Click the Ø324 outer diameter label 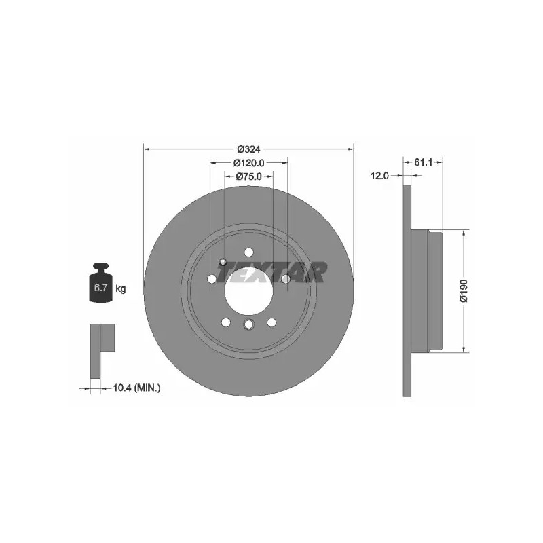(248, 149)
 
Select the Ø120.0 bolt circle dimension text (249, 162)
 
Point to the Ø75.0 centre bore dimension (248, 176)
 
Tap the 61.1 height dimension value (423, 162)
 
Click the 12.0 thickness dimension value (379, 176)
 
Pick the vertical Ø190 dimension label (464, 291)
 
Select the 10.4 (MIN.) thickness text (137, 388)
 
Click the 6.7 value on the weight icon (100, 287)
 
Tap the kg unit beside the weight (121, 288)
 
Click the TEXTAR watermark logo (272, 272)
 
